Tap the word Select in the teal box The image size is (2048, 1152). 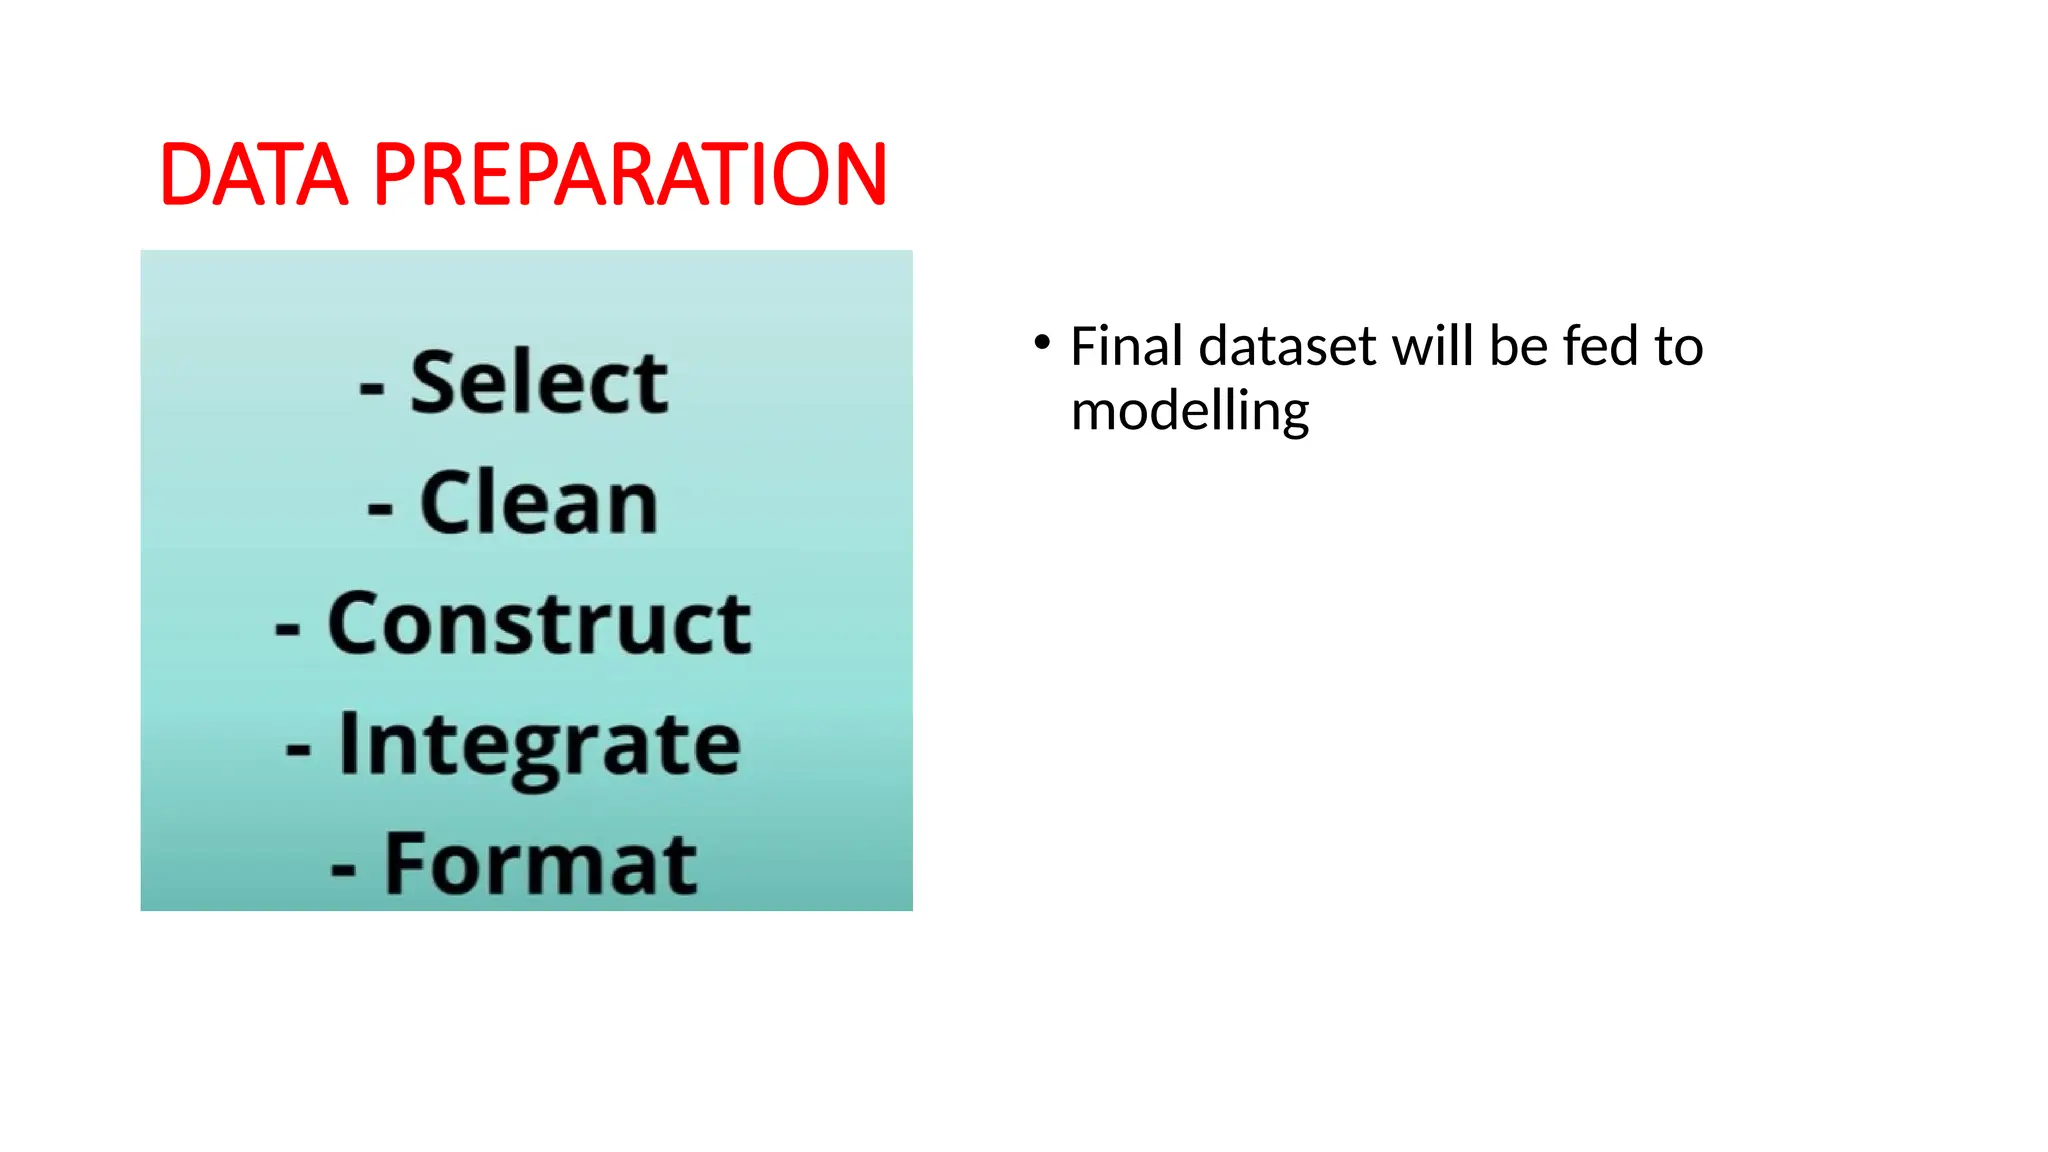(x=539, y=383)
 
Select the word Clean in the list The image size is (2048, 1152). (x=539, y=503)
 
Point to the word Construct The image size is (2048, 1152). (x=539, y=624)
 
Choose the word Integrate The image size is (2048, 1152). (x=539, y=745)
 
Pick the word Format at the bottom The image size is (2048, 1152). (x=540, y=865)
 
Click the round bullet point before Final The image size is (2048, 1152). (x=1042, y=343)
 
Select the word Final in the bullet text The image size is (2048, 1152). (x=1127, y=347)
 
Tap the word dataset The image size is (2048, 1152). (x=1288, y=347)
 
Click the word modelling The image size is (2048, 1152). (x=1189, y=412)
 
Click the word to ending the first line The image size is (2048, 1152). (x=1678, y=347)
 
